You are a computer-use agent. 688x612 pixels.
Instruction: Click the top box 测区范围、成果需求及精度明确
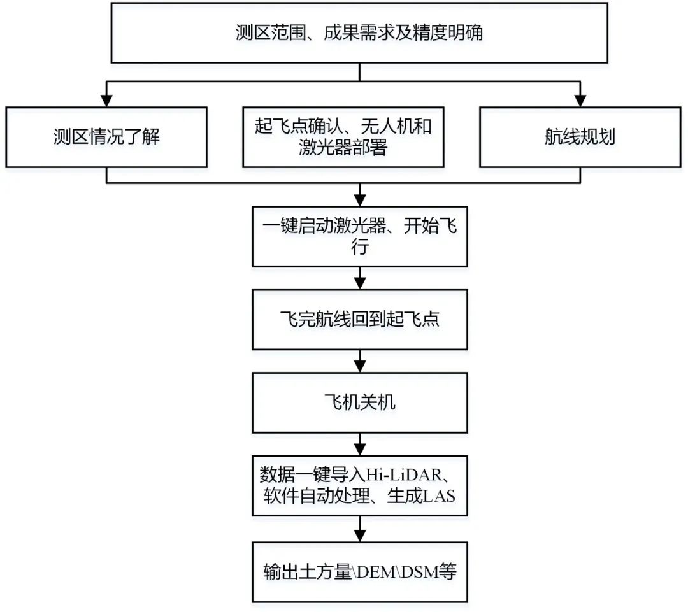(x=359, y=33)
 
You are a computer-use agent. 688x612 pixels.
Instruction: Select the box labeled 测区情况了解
(x=106, y=138)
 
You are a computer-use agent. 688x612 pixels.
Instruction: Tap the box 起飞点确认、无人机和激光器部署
(x=343, y=138)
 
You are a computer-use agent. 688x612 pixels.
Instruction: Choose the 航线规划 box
(x=580, y=138)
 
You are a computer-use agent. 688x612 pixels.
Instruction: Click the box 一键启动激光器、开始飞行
(x=360, y=236)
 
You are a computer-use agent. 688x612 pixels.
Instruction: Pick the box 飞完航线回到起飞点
(x=360, y=320)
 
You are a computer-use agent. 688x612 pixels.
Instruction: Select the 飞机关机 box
(x=360, y=402)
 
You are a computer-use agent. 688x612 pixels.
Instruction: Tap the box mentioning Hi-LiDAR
(x=360, y=486)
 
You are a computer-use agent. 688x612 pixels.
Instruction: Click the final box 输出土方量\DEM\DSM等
(x=360, y=573)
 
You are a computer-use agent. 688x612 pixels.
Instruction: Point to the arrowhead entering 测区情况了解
(x=106, y=101)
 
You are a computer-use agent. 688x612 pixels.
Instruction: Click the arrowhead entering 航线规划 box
(x=580, y=101)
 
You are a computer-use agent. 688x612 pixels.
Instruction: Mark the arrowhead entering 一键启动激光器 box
(x=360, y=200)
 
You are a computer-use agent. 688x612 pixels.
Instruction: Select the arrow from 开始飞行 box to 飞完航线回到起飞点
(x=360, y=278)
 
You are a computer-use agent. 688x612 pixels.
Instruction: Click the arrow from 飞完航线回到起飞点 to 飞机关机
(x=360, y=361)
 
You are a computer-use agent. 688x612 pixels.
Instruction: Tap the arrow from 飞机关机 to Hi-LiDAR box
(x=360, y=444)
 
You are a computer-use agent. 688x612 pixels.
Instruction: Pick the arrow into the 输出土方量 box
(x=360, y=529)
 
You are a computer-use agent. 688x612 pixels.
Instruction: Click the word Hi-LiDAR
(x=404, y=475)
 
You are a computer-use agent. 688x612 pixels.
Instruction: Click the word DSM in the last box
(x=420, y=572)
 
